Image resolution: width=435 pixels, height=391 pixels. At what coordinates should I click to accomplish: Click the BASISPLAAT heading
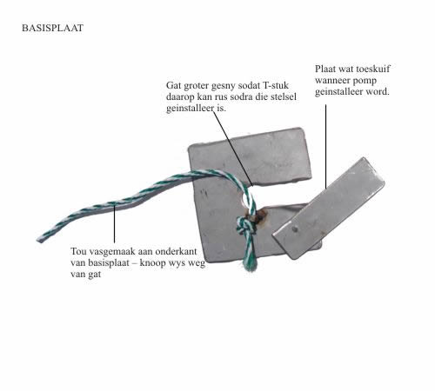(x=52, y=28)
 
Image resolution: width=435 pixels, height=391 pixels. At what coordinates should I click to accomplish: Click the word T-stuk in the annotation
(x=276, y=85)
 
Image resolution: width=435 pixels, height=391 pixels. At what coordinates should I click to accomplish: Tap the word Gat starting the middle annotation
(x=173, y=85)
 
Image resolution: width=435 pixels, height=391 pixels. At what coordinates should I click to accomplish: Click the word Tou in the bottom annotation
(x=78, y=251)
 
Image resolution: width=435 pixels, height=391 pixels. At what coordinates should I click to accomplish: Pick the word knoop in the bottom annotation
(x=153, y=263)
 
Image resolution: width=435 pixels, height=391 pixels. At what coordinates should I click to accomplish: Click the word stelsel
(x=284, y=96)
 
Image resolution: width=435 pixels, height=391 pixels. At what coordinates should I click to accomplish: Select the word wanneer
(x=332, y=81)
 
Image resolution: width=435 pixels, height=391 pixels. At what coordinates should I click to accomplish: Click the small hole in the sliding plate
(x=295, y=229)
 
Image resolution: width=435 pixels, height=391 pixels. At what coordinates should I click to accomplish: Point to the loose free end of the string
(x=40, y=240)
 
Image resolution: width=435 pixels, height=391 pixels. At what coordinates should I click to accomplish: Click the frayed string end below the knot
(x=250, y=264)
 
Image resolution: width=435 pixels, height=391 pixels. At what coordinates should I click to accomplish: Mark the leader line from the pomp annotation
(x=325, y=147)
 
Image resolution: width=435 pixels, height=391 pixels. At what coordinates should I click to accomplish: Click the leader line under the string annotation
(x=114, y=223)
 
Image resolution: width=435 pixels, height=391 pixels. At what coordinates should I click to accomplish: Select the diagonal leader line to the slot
(x=233, y=149)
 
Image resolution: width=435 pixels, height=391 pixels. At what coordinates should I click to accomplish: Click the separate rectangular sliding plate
(x=329, y=209)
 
